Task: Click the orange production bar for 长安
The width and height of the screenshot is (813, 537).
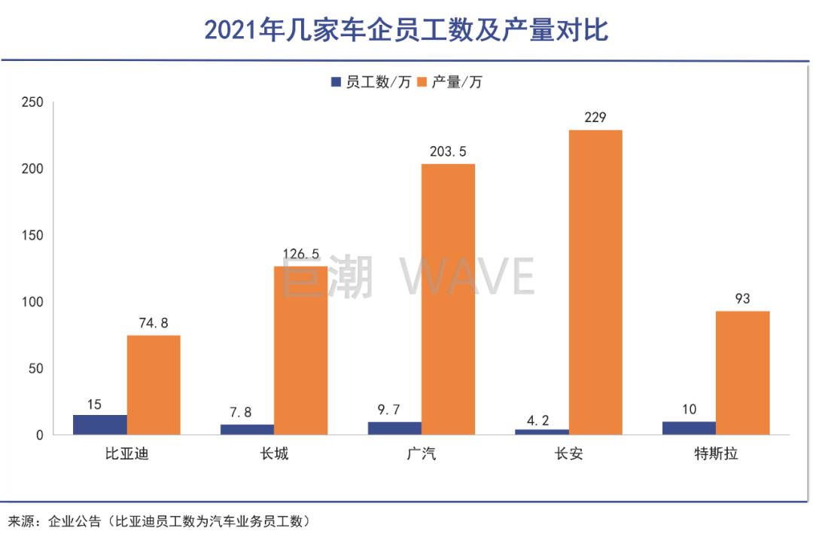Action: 595,282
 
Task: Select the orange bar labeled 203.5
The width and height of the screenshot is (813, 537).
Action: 448,299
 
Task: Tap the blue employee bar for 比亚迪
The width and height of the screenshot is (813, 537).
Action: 100,425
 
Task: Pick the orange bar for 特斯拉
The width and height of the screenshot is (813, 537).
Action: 742,373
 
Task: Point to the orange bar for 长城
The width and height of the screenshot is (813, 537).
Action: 300,350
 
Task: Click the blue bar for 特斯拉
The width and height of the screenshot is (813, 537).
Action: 689,428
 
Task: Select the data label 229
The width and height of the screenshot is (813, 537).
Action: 595,117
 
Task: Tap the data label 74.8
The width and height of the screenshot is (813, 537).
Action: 154,322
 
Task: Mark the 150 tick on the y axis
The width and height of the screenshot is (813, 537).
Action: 35,235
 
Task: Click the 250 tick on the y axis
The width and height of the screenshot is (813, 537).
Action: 35,102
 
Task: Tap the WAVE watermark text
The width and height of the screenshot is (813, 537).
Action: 467,276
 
